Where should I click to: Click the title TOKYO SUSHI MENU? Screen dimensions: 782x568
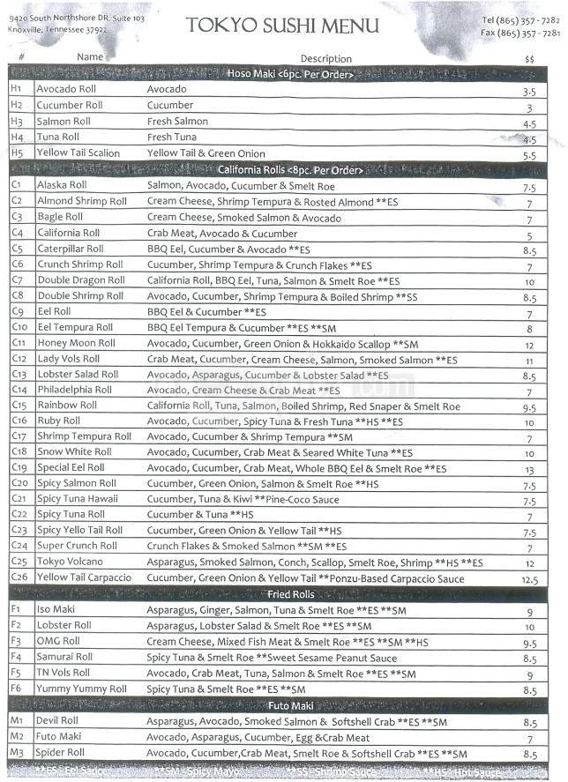coord(282,26)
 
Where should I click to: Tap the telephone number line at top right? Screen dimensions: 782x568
coord(520,19)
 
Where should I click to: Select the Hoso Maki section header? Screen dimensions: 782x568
coord(289,74)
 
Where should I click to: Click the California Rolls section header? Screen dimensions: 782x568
coord(289,169)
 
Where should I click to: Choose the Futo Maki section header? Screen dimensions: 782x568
coord(289,705)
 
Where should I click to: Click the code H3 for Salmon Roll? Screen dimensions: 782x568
coord(16,122)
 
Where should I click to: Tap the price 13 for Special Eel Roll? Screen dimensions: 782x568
coord(529,471)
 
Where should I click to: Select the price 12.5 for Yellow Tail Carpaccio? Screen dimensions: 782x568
coord(529,580)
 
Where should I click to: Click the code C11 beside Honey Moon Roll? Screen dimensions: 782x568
coord(19,344)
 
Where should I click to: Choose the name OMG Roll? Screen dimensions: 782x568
coord(58,642)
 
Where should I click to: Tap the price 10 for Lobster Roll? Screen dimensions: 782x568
coord(529,627)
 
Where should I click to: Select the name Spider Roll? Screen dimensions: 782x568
coord(61,753)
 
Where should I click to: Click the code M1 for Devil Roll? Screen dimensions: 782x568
coord(16,721)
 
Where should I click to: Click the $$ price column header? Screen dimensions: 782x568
coord(529,58)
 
